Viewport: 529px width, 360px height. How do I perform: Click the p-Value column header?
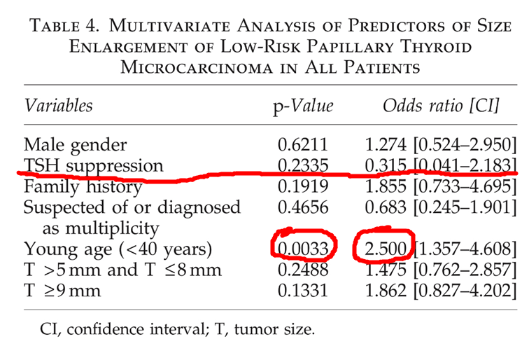[x=303, y=106]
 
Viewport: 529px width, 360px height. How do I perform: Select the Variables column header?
[x=58, y=105]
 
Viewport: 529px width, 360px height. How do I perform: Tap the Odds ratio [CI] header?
[x=441, y=106]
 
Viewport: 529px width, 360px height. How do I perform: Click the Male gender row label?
[x=76, y=145]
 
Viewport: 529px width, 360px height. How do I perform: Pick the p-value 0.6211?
[x=303, y=144]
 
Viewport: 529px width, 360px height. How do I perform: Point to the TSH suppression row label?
[x=94, y=166]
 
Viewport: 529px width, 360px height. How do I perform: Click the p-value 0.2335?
[x=303, y=165]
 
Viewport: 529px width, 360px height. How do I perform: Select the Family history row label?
[x=83, y=187]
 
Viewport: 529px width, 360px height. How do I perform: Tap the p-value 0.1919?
[x=303, y=186]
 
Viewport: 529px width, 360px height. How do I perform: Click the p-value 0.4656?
[x=303, y=207]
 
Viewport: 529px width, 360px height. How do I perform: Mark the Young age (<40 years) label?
[x=118, y=249]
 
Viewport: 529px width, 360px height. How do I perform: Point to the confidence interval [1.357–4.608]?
[x=465, y=249]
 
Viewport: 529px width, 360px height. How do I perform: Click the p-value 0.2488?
[x=303, y=270]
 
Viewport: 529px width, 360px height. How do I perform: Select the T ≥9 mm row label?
[x=62, y=291]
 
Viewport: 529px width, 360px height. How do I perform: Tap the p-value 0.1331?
[x=303, y=291]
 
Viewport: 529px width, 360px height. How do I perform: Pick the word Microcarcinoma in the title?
[x=197, y=67]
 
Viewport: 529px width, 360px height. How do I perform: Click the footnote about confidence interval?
[x=178, y=329]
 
